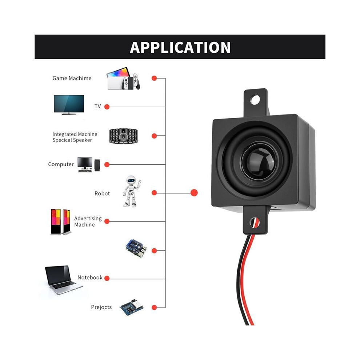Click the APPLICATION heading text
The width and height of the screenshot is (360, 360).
[x=180, y=48]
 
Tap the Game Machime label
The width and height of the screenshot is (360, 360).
[x=72, y=78]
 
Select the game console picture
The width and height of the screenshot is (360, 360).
[x=123, y=78]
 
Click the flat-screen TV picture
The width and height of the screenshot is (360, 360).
[x=69, y=105]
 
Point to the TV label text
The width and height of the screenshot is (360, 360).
[x=97, y=106]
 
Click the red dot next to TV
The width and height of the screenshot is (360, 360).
[x=107, y=107]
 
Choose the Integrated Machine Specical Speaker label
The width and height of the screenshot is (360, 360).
[x=75, y=137]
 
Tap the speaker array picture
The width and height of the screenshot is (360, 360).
[x=123, y=136]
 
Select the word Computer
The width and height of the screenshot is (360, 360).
[x=61, y=164]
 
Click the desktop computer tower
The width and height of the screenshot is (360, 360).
[x=97, y=165]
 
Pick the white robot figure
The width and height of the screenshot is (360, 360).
[x=132, y=192]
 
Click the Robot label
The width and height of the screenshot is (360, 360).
[x=102, y=193]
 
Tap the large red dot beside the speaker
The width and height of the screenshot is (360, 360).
[x=194, y=193]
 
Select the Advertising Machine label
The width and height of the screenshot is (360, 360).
[x=88, y=221]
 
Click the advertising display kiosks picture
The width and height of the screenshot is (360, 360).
[x=61, y=222]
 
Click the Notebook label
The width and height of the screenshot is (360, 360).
[x=90, y=277]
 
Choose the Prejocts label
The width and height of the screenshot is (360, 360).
[x=101, y=307]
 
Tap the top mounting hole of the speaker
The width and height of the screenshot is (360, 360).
[x=255, y=100]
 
